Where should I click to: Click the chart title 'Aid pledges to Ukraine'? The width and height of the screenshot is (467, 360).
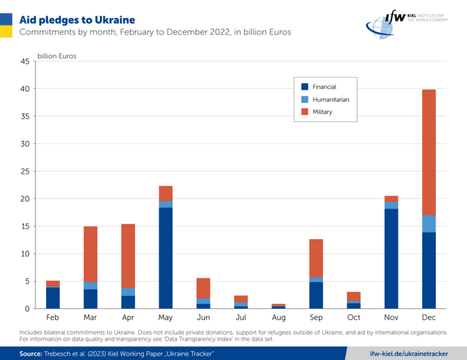(x=77, y=20)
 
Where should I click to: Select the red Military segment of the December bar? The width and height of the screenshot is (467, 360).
(x=429, y=152)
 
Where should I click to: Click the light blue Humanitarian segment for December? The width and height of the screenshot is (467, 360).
(x=429, y=224)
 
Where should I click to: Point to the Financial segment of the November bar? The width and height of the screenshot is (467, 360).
(x=391, y=258)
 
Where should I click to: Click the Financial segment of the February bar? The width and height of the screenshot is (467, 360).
(x=53, y=297)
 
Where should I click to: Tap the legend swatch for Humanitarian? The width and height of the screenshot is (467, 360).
(x=305, y=99)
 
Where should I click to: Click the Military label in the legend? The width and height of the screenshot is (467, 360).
(x=322, y=112)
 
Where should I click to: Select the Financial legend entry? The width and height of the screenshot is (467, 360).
(x=324, y=87)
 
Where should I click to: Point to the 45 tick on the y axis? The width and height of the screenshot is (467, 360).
(x=25, y=62)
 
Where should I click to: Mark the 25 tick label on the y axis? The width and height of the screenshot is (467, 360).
(x=25, y=172)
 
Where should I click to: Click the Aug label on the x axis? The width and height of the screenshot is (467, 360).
(x=278, y=318)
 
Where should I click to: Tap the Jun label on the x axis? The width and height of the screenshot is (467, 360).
(x=203, y=318)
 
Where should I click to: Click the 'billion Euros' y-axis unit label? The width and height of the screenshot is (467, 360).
(x=57, y=56)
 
